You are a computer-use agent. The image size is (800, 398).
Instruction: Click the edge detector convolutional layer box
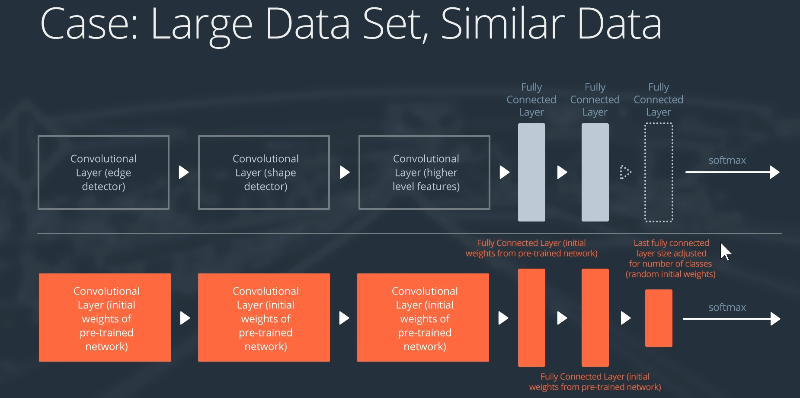[103, 172]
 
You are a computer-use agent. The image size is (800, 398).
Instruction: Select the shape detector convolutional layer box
[264, 172]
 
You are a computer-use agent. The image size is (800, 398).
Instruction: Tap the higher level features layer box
[424, 172]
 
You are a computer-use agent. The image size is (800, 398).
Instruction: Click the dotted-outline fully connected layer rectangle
[659, 172]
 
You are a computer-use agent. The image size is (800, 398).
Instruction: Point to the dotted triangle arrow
[625, 172]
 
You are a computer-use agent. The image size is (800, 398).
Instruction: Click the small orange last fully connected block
[659, 318]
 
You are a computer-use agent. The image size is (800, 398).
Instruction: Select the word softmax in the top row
[727, 160]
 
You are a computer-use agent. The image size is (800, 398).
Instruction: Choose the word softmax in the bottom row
[727, 308]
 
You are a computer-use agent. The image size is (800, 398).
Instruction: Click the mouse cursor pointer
[725, 251]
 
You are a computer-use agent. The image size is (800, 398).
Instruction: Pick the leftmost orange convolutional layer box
[105, 318]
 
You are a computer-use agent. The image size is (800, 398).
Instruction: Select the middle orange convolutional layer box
[264, 318]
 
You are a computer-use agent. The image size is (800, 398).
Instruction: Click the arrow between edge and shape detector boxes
[184, 172]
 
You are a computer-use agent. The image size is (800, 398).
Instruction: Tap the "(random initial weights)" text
[670, 274]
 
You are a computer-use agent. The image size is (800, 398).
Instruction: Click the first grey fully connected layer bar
[531, 172]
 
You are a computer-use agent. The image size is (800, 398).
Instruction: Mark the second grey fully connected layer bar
[595, 172]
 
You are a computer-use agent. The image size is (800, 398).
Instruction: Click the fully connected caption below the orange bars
[595, 382]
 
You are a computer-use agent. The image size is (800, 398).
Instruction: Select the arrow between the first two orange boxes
[185, 318]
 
